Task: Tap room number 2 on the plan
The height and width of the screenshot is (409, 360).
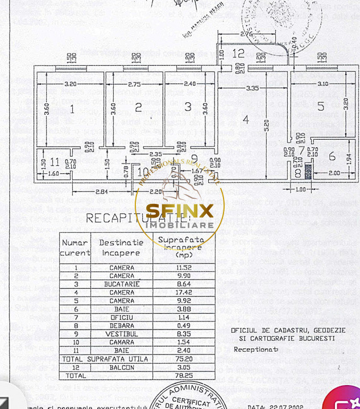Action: [138, 107]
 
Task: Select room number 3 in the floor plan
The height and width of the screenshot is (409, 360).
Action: [188, 106]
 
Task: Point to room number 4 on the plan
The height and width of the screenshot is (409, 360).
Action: [246, 120]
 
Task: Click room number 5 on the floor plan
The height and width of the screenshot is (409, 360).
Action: [321, 106]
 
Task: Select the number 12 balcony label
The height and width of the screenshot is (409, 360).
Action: [239, 54]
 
